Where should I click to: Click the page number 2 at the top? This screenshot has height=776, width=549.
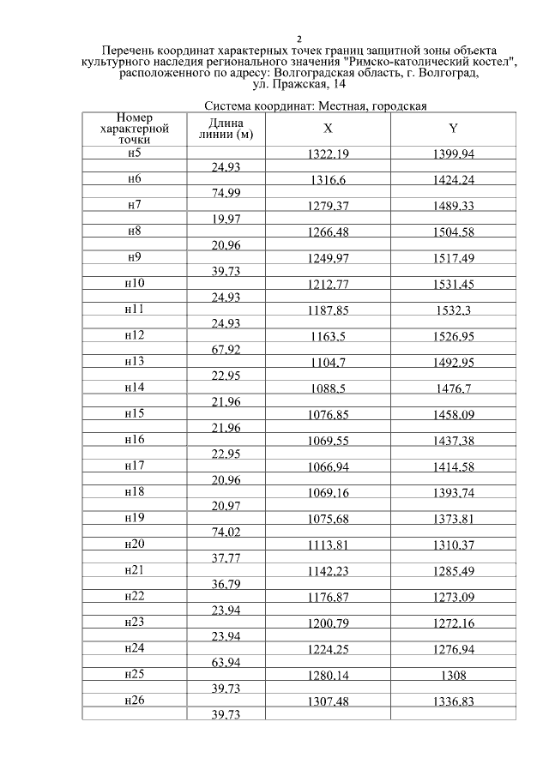point(299,39)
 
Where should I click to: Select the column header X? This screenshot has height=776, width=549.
point(328,129)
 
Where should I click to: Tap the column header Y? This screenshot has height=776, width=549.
point(453,129)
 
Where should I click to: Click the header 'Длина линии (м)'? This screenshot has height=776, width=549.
point(225,129)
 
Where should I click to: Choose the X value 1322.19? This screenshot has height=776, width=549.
point(328,154)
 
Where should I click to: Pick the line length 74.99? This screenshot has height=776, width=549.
point(226,193)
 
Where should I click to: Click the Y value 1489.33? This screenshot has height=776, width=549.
point(453,207)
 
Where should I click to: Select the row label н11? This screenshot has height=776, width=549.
point(134,309)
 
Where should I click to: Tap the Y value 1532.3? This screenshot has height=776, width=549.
point(453,310)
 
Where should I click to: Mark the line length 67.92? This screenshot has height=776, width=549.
point(226,349)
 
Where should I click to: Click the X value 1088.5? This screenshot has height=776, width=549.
point(328,388)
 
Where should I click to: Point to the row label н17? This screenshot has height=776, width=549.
point(134,465)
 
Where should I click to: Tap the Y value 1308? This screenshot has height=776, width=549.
point(453,675)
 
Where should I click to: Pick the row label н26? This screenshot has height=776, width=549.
point(134,700)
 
